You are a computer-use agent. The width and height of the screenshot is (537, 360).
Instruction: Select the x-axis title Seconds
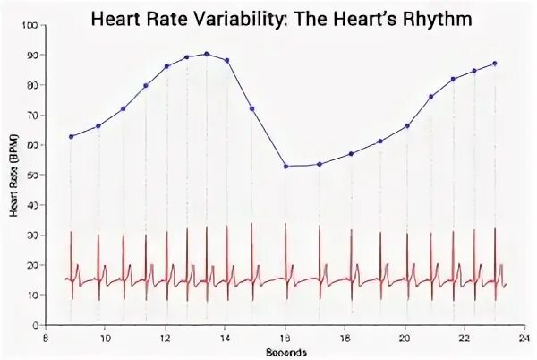tap(285, 352)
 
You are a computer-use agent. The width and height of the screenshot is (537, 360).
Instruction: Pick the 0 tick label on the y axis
tap(35, 325)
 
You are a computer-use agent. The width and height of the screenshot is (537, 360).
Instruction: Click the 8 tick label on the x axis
tap(45, 339)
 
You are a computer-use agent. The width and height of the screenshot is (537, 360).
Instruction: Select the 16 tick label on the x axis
tap(286, 339)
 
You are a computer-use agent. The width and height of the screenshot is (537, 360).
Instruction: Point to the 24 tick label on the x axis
tap(525, 339)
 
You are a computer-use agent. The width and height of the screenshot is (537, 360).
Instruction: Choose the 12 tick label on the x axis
tap(165, 339)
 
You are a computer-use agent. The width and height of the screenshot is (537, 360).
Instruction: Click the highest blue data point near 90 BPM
tap(207, 54)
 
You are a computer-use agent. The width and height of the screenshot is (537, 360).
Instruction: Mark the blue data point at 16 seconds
tap(286, 166)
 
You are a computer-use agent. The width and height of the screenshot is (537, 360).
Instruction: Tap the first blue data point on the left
tap(71, 136)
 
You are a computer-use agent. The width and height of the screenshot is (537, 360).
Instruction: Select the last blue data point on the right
tap(495, 64)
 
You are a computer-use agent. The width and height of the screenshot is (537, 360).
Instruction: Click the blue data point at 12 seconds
tap(166, 66)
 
